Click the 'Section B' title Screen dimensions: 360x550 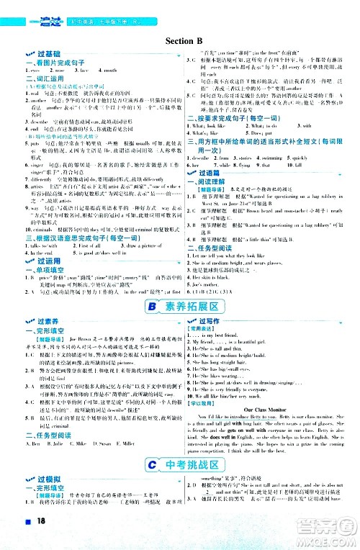(x=180, y=42)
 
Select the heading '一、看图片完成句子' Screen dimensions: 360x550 (x=45, y=64)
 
